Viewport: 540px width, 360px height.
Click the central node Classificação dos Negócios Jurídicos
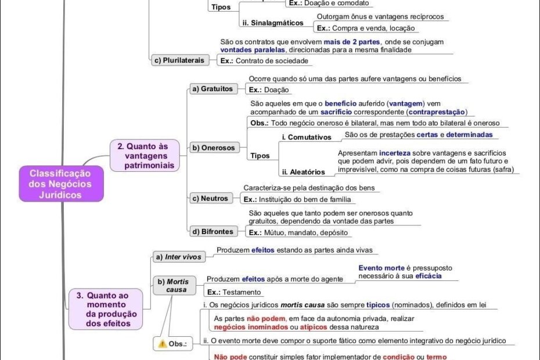click(x=60, y=184)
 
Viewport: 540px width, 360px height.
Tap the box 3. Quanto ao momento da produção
click(x=105, y=309)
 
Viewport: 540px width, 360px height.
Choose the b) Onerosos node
click(x=213, y=148)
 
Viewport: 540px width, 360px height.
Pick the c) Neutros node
click(x=210, y=199)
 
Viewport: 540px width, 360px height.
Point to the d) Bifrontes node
click(x=213, y=232)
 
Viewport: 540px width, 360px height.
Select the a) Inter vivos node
click(x=178, y=257)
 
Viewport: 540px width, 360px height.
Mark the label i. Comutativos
click(x=307, y=138)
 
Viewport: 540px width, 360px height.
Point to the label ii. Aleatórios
click(x=304, y=172)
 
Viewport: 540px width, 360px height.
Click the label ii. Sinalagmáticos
click(x=273, y=23)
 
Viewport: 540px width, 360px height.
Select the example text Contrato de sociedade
click(x=272, y=61)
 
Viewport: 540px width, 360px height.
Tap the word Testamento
click(x=242, y=292)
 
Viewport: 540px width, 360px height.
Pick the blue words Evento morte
click(x=381, y=268)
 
